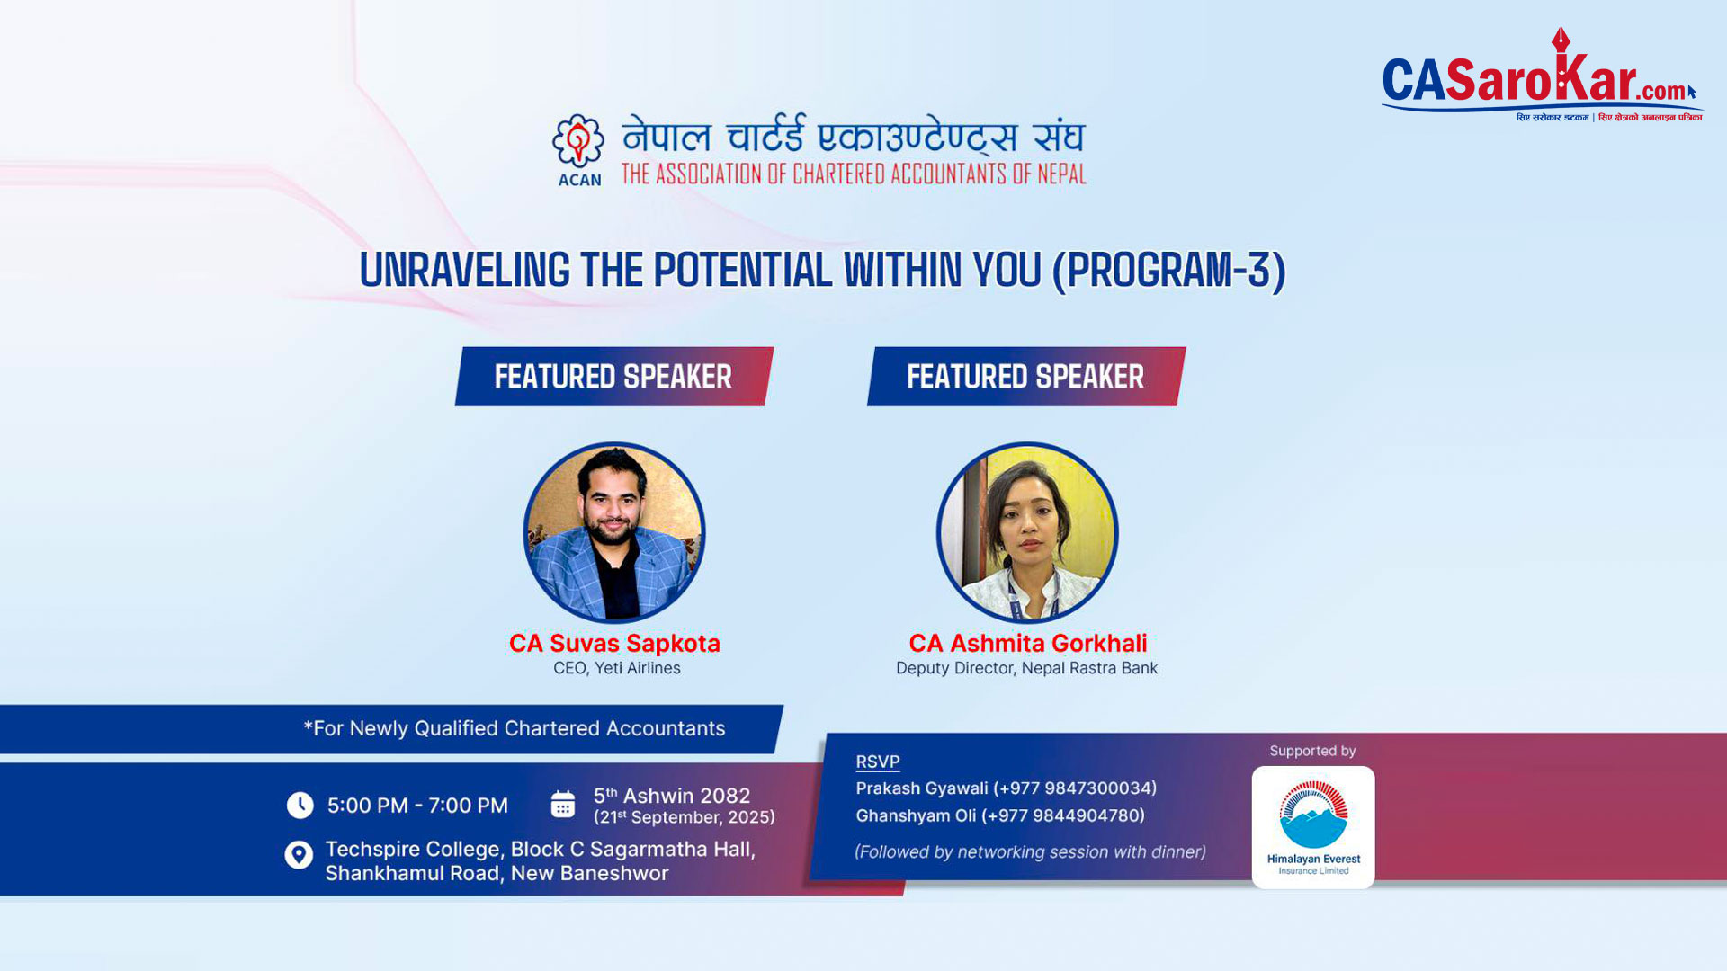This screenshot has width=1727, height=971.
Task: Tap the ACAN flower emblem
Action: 578,141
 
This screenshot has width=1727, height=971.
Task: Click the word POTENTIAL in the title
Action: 743,270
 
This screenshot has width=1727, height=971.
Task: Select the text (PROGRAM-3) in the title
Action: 1169,271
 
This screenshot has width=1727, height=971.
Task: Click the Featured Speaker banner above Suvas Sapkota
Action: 614,376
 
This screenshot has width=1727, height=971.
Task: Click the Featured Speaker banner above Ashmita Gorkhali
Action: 1026,376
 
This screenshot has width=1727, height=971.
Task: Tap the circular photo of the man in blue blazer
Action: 614,532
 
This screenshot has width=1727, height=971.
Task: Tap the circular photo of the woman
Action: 1027,532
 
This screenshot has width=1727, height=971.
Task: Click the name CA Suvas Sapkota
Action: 614,644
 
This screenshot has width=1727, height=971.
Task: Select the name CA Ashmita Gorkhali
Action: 1028,644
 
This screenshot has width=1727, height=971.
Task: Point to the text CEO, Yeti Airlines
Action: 617,668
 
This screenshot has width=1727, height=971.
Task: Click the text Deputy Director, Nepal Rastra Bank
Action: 1026,668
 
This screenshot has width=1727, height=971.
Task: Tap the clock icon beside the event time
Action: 300,805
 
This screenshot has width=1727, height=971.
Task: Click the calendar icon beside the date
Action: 563,804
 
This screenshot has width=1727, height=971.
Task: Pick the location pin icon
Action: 299,854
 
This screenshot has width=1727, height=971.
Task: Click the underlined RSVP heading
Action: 878,762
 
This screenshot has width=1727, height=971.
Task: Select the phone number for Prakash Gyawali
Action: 1075,788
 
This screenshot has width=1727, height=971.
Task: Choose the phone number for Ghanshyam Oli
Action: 1062,815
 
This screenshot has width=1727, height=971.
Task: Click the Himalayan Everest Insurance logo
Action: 1313,827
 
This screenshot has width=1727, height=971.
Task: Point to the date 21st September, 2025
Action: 685,817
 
